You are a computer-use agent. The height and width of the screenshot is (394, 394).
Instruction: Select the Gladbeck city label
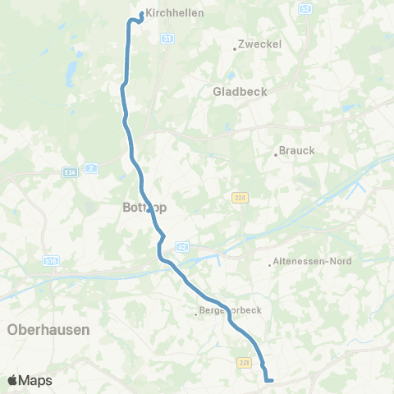[240, 92]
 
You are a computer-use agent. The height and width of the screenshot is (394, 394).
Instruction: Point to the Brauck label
[297, 150]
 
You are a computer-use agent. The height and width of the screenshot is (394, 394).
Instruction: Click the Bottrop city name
[144, 208]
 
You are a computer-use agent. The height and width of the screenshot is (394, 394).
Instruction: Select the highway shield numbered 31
[167, 38]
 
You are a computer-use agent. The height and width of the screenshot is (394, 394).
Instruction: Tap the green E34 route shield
[70, 172]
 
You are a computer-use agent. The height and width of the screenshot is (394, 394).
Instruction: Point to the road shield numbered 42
[181, 245]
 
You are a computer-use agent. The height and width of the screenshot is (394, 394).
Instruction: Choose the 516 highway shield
[51, 260]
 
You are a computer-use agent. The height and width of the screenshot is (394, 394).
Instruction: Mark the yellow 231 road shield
[243, 361]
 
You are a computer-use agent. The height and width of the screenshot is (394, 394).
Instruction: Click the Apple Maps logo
[30, 380]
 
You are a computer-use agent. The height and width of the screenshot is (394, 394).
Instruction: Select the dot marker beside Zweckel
[235, 48]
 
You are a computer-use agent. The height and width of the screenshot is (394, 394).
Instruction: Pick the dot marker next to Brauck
[276, 153]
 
